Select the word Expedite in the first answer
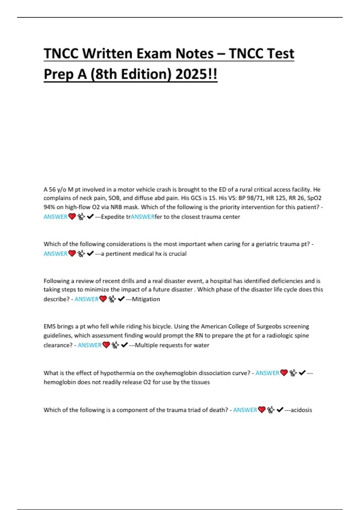coord(113,217)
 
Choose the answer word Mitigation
coord(146,299)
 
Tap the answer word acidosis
coord(301,410)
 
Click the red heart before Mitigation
coord(103,299)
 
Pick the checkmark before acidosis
coord(280,410)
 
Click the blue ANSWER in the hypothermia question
coord(267,373)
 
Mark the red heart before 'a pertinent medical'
coord(72,254)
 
